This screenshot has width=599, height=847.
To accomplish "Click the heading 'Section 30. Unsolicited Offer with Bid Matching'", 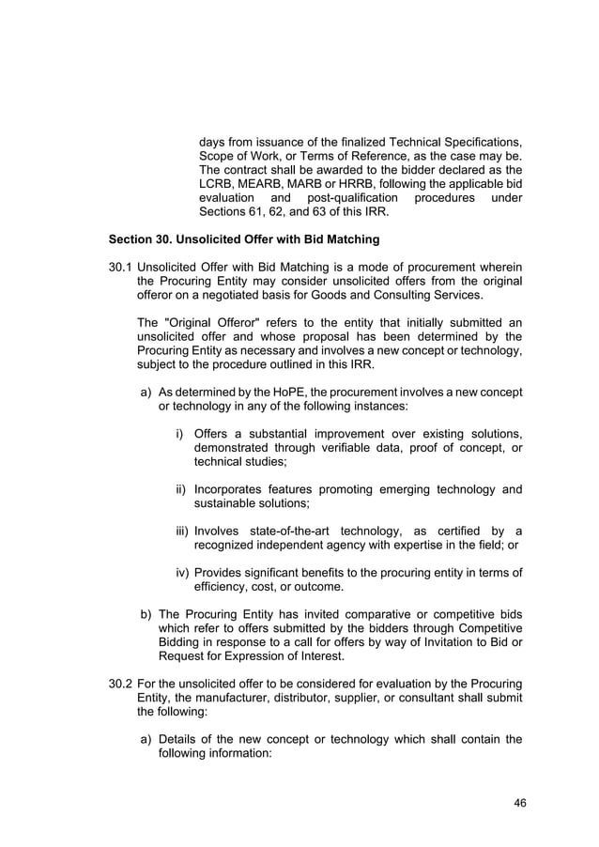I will coord(244,239).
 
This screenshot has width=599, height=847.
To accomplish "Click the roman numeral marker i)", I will coord(181,434).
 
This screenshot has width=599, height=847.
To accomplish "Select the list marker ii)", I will coord(180,489).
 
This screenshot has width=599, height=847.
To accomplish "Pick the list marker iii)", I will coord(180,531).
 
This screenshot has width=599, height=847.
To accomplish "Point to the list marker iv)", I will coord(180,573).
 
